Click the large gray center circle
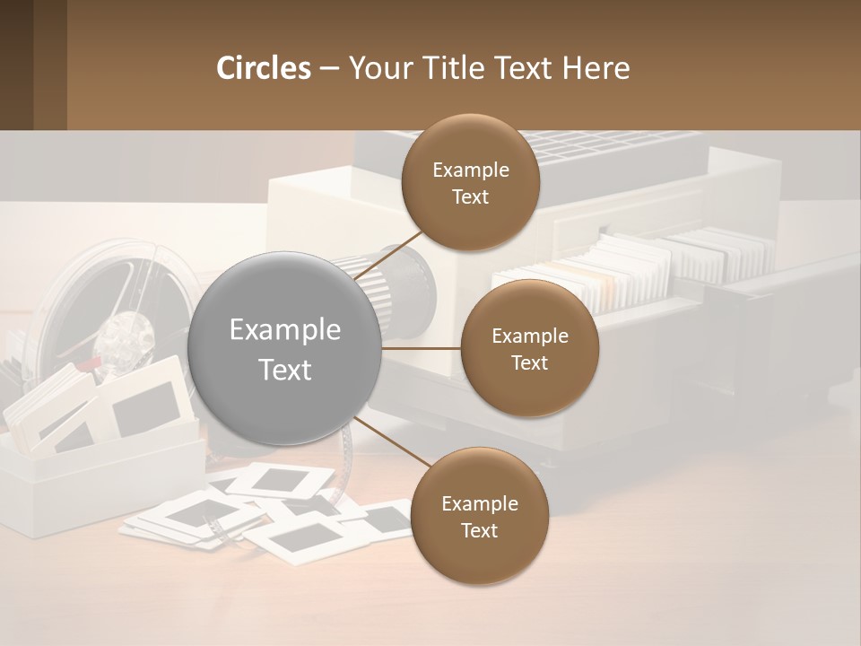(x=284, y=349)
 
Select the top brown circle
(x=470, y=182)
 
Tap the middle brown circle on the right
(x=529, y=349)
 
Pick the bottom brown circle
(x=479, y=517)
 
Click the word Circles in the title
(x=263, y=68)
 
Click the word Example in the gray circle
(x=284, y=330)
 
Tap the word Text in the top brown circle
(x=470, y=197)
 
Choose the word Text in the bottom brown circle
(x=479, y=531)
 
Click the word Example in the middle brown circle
(x=529, y=336)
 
